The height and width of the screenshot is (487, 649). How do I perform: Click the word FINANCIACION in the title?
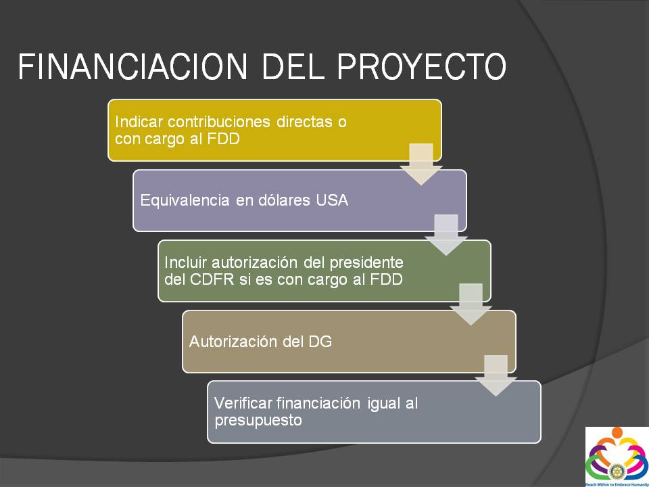click(133, 66)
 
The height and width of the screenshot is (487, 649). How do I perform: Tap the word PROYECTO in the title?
click(422, 66)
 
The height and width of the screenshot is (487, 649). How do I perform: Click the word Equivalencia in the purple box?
click(185, 200)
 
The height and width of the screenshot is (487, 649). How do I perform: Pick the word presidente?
click(366, 262)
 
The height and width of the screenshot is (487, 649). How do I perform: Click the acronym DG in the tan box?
click(320, 342)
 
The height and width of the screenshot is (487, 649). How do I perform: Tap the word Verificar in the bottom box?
click(243, 403)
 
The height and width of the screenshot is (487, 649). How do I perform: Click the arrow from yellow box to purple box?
click(421, 164)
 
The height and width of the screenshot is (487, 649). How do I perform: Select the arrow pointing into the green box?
click(446, 235)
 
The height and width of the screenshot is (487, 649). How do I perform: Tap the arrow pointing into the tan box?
click(471, 304)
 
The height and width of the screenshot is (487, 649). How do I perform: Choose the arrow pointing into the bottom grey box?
click(496, 375)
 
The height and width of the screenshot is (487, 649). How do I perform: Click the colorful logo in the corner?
click(617, 457)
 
